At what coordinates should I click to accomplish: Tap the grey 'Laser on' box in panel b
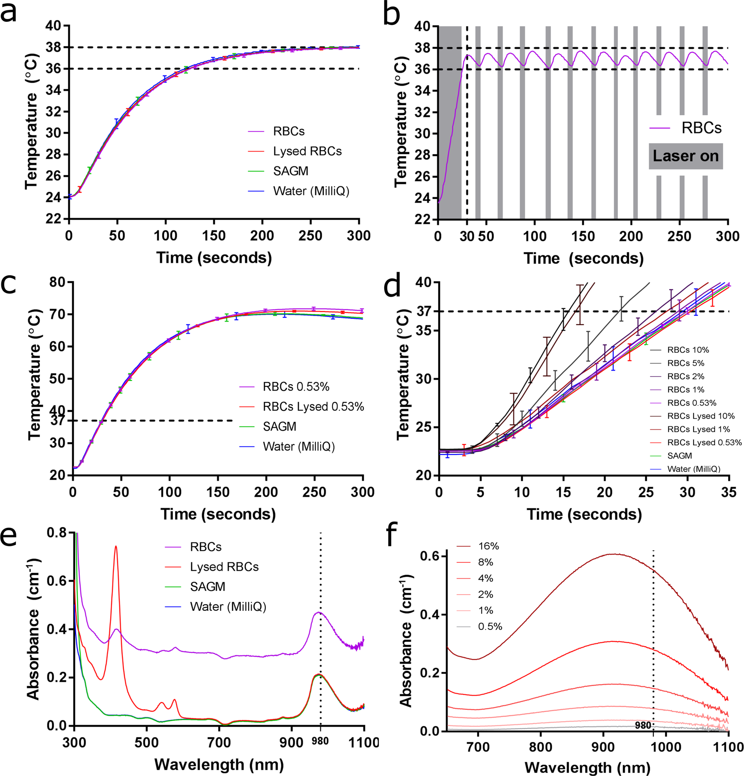tap(685, 156)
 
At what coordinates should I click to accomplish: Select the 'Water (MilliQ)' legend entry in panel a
tap(311, 191)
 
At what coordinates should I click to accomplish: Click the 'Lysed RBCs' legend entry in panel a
tap(307, 151)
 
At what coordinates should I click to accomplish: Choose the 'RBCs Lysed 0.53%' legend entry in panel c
tap(313, 407)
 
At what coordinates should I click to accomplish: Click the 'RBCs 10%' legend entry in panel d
tap(688, 350)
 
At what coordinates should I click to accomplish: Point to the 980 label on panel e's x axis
tap(320, 741)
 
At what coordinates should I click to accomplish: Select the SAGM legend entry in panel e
tap(207, 586)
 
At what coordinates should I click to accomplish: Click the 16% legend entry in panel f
tap(488, 546)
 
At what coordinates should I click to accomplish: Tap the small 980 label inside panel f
tap(643, 725)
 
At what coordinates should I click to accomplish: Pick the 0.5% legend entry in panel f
tap(490, 626)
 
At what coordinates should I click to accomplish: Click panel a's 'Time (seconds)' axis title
tap(214, 258)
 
